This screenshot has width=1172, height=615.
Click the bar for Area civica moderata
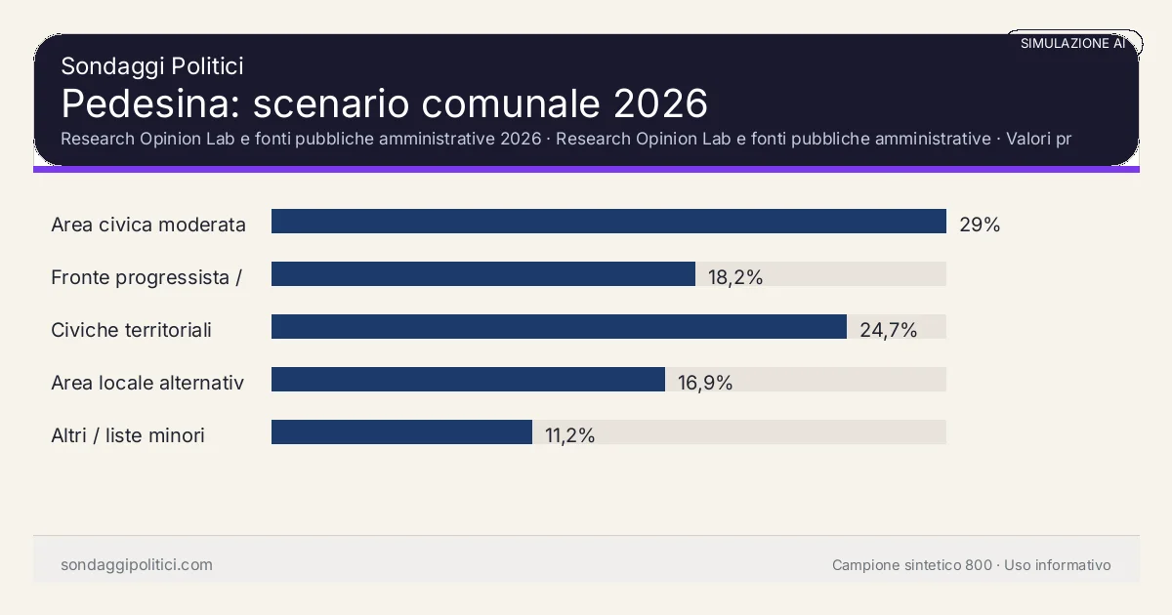608,222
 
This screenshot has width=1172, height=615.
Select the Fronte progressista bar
483,274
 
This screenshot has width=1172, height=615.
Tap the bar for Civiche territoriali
559,327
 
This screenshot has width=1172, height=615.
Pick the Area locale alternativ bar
468,380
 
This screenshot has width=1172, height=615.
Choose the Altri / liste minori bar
401,432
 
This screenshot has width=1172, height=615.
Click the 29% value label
980,225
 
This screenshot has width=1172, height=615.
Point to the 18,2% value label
735,277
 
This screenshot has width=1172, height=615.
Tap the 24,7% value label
888,330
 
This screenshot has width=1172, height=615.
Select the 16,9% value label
705,383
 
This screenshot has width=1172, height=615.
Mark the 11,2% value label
570,435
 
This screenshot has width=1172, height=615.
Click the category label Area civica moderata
148,225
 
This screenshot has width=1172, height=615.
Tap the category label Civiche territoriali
131,330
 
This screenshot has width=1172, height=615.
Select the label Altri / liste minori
128,435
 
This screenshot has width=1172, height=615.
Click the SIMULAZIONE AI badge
1072,44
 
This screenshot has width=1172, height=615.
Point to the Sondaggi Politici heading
151,66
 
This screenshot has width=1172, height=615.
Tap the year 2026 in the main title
661,103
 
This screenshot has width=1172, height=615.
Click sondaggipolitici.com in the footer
137,565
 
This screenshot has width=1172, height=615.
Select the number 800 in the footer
978,565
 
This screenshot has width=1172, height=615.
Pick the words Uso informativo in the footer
1058,565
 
